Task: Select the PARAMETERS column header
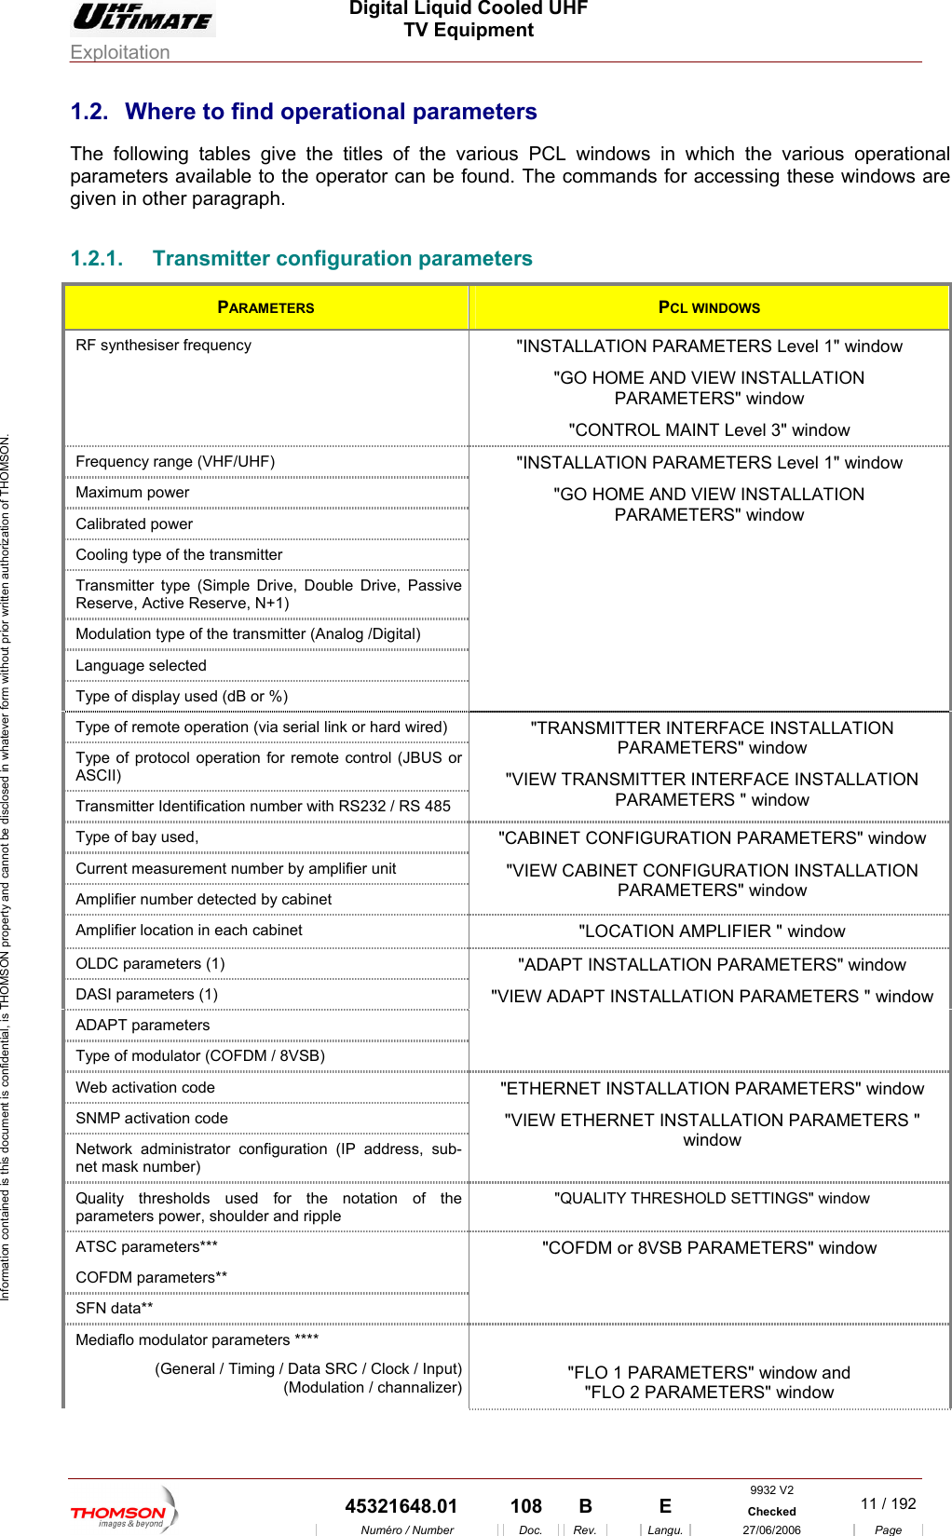[265, 307]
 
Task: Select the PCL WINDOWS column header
[709, 307]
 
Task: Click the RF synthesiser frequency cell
[164, 346]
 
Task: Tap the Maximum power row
[132, 493]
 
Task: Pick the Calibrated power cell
[134, 524]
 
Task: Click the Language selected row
[141, 666]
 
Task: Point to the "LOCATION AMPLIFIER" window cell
[712, 931]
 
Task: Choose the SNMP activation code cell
[152, 1119]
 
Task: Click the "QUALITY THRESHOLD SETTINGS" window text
[712, 1199]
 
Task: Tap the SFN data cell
[115, 1309]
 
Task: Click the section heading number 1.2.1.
[97, 259]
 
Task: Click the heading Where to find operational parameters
[331, 112]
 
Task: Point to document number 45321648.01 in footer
[401, 1506]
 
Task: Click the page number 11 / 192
[888, 1503]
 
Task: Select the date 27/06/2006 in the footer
[771, 1529]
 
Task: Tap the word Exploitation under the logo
[120, 52]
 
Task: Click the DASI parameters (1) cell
[146, 995]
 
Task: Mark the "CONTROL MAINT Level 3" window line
[709, 430]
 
